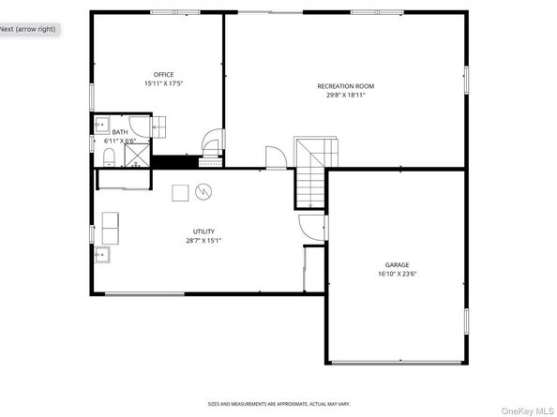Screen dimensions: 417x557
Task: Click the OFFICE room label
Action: (x=164, y=74)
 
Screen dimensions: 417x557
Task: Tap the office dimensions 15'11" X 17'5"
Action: (x=164, y=83)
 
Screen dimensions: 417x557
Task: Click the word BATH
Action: (x=119, y=133)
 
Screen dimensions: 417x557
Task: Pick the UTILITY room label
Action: (x=203, y=231)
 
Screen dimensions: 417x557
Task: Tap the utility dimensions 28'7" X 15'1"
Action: (x=203, y=241)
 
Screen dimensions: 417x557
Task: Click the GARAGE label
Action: (x=397, y=265)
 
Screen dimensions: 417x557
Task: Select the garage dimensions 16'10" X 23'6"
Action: (x=397, y=275)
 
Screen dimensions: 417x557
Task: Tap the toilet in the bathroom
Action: (x=108, y=156)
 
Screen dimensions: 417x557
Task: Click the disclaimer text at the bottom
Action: (x=278, y=404)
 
